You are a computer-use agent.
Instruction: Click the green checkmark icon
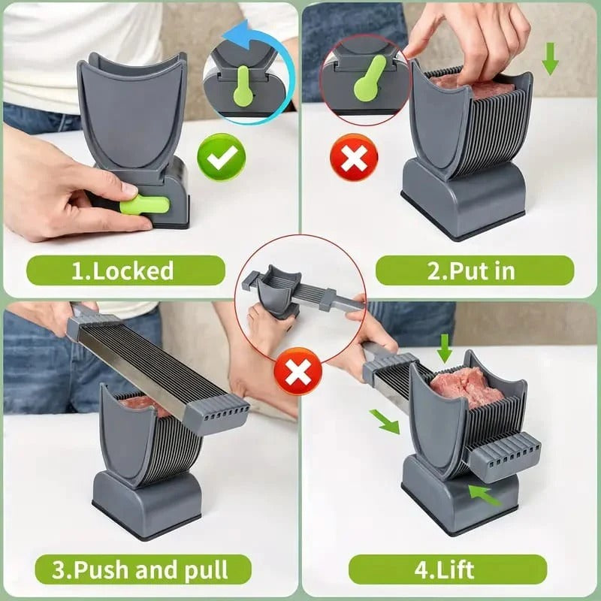tap(221, 157)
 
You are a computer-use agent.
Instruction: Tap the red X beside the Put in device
tap(354, 158)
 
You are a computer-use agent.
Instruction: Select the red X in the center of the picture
tap(297, 371)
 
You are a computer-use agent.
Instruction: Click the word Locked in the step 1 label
tap(133, 271)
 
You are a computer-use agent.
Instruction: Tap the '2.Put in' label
tap(475, 270)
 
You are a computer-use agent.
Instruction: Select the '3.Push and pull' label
tap(143, 569)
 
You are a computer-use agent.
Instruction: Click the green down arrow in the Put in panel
tap(550, 59)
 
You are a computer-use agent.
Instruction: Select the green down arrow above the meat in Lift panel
tap(444, 348)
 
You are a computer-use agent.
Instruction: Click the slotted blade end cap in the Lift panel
tap(504, 456)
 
